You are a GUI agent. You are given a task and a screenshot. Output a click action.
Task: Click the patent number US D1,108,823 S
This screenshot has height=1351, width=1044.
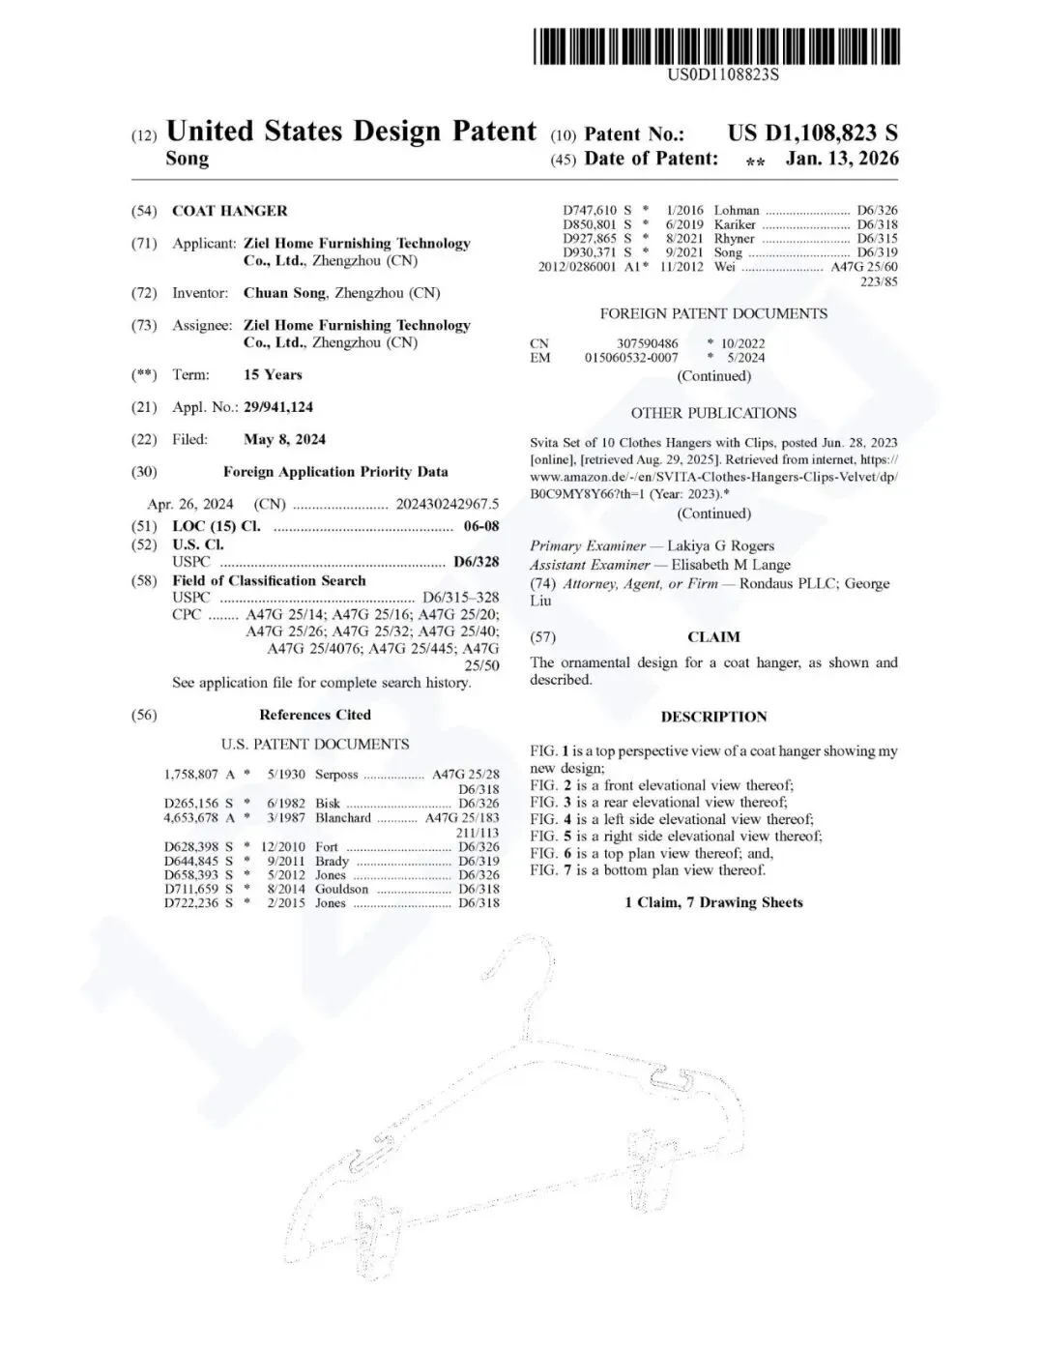(x=812, y=133)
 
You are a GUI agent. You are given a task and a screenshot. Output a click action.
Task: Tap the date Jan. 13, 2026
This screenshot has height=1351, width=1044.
(x=841, y=159)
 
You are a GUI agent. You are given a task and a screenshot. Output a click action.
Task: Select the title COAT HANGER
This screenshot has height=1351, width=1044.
(x=229, y=211)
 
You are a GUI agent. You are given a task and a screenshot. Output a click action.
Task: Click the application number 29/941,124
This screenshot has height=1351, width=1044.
(x=278, y=407)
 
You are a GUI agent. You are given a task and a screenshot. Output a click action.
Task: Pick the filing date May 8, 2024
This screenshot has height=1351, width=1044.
(x=284, y=440)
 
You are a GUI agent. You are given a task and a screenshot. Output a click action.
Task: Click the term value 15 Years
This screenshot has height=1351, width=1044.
(x=273, y=375)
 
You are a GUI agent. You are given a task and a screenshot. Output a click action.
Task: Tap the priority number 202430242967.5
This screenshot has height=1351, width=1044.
(x=447, y=504)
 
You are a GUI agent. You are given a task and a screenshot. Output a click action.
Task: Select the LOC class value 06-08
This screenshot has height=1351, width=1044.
(x=480, y=527)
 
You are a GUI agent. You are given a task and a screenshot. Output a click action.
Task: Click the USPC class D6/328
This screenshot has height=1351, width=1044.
(x=476, y=562)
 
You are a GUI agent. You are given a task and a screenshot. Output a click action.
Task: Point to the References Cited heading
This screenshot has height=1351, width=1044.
(x=315, y=716)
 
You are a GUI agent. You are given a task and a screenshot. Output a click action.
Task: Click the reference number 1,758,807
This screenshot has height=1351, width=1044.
(x=191, y=775)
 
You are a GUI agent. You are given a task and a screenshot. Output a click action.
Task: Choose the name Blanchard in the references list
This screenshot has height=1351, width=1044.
(x=343, y=818)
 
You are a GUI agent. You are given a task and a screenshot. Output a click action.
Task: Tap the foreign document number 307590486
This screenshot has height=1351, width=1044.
(x=647, y=343)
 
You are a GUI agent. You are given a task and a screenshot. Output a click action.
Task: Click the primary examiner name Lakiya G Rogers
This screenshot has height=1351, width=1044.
(x=720, y=546)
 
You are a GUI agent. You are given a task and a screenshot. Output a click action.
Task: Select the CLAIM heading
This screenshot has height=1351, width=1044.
(x=713, y=637)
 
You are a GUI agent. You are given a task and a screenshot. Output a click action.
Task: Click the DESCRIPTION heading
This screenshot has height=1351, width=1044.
(x=713, y=717)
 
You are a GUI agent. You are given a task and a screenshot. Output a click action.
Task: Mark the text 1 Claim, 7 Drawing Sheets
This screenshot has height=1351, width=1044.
(x=713, y=902)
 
